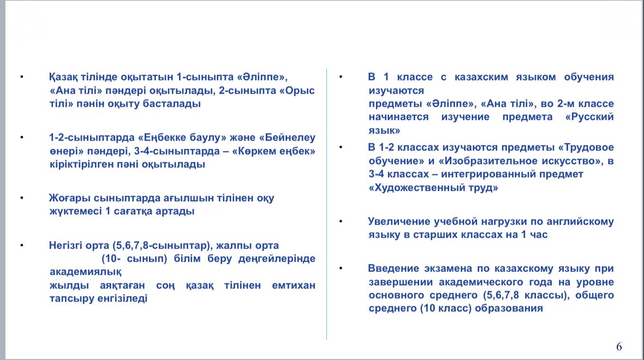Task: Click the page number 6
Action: point(619,347)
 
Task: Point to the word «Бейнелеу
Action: point(287,137)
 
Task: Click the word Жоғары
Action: point(70,198)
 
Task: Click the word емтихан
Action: point(294,285)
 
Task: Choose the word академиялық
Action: point(86,272)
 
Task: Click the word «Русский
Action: point(589,117)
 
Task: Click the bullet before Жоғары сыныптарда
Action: point(22,198)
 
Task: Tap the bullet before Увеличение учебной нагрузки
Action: point(341,221)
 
